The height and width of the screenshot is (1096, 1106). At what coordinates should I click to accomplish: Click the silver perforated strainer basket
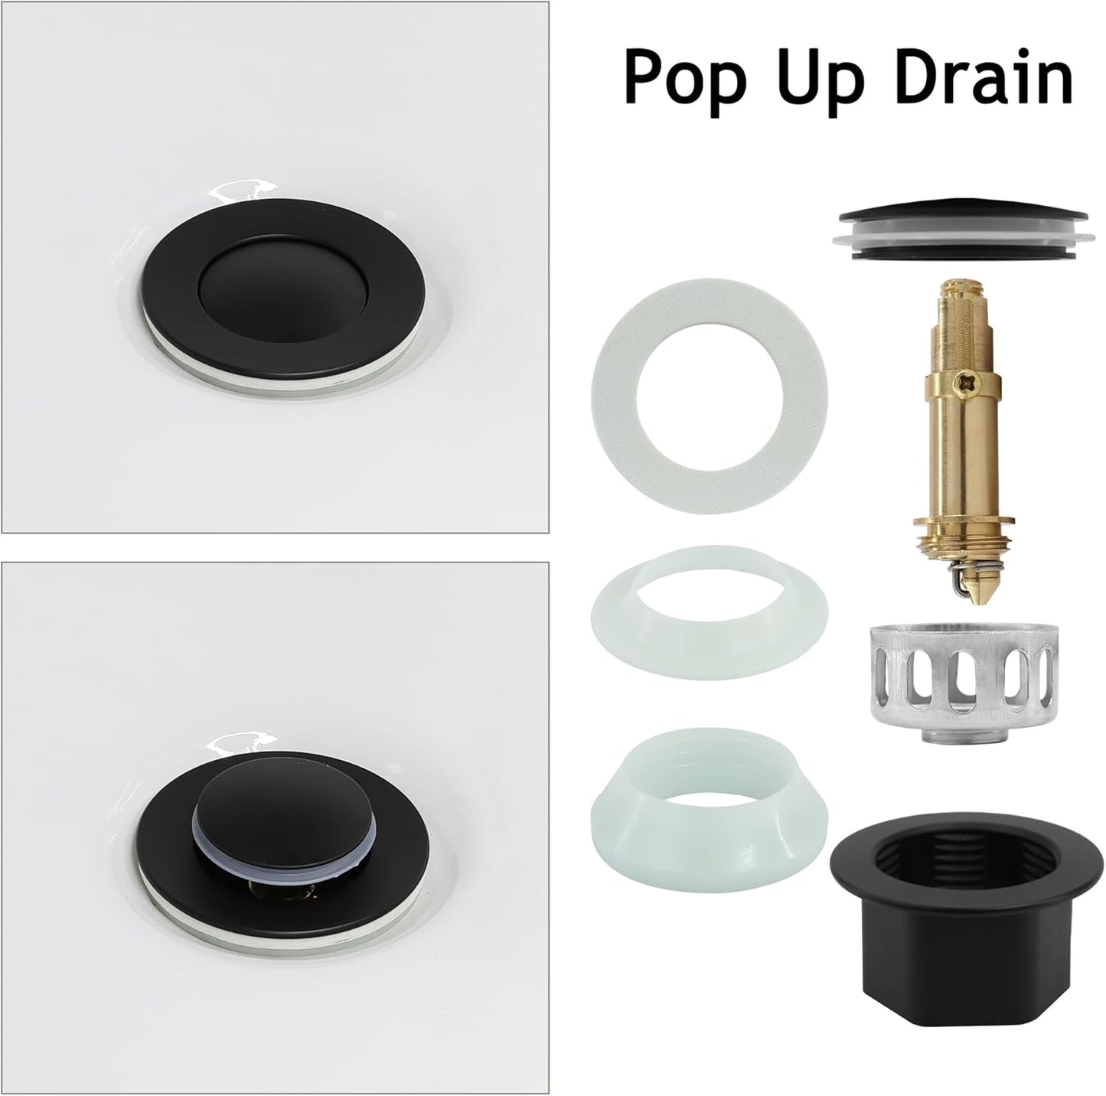(964, 670)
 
